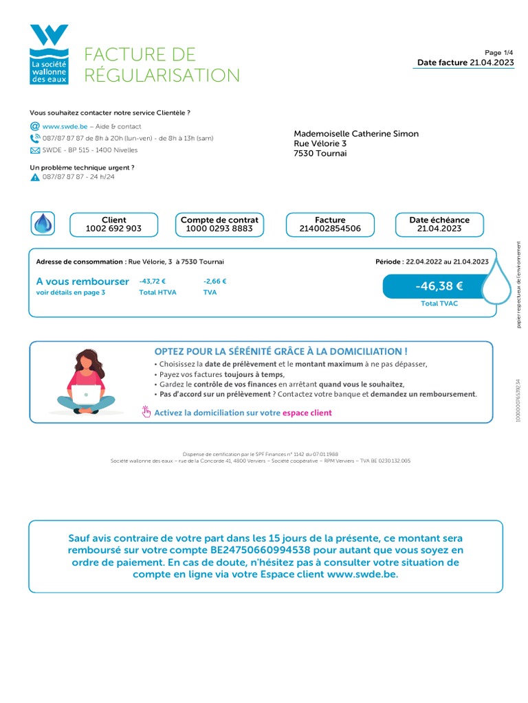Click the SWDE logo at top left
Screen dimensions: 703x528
[49, 55]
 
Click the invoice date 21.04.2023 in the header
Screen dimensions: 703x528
[492, 62]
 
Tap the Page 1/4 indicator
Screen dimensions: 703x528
[499, 52]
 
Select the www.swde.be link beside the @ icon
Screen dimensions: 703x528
[65, 126]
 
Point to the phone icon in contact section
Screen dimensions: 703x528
[35, 138]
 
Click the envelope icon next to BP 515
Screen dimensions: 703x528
[35, 150]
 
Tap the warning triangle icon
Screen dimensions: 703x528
[35, 177]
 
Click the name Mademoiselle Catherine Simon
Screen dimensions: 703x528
[356, 134]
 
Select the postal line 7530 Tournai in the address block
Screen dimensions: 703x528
[320, 154]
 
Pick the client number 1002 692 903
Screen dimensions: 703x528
[113, 229]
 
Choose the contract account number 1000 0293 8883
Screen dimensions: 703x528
[219, 229]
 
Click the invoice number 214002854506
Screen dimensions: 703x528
[330, 229]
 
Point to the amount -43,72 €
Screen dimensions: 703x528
[153, 281]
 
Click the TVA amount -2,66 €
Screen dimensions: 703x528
[215, 281]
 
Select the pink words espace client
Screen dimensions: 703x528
[307, 413]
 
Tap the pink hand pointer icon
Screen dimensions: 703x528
[146, 412]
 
